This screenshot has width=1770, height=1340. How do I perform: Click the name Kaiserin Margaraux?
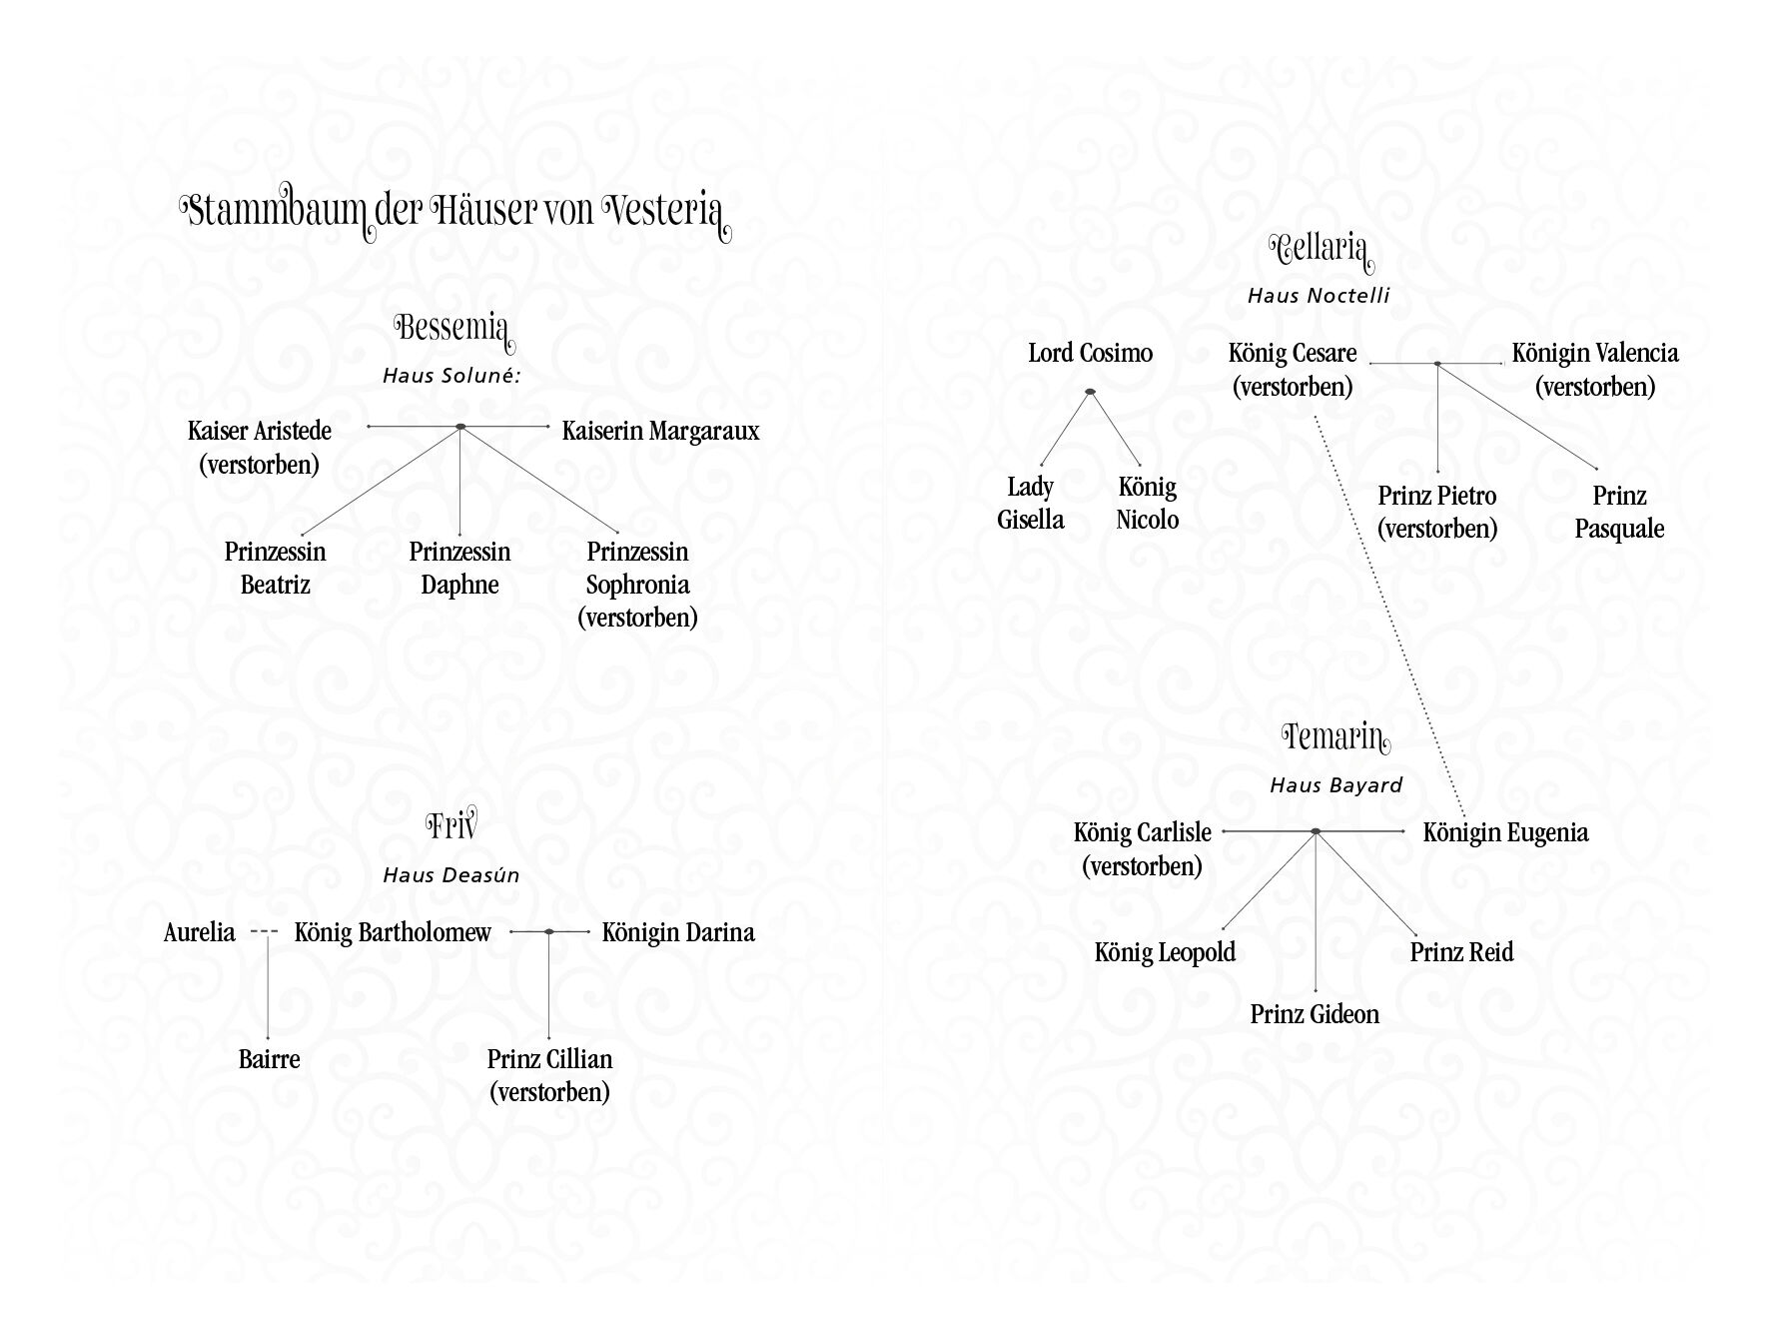pyautogui.click(x=660, y=432)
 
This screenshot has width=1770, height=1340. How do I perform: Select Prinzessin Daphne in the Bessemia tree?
pyautogui.click(x=459, y=569)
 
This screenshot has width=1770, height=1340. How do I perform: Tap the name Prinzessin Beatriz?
pyautogui.click(x=275, y=569)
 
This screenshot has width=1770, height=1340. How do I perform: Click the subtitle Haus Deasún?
pyautogui.click(x=451, y=875)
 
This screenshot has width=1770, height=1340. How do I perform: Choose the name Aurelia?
pyautogui.click(x=200, y=933)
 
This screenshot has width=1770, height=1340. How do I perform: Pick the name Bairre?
pyautogui.click(x=269, y=1059)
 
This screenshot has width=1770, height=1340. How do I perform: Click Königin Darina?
pyautogui.click(x=678, y=933)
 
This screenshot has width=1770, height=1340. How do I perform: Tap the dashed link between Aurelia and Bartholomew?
pyautogui.click(x=265, y=932)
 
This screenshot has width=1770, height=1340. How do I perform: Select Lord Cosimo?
pyautogui.click(x=1090, y=354)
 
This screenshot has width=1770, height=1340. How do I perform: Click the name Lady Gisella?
pyautogui.click(x=1031, y=504)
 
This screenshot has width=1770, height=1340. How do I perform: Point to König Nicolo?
pyautogui.click(x=1147, y=504)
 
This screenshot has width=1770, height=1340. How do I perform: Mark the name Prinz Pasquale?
pyautogui.click(x=1619, y=513)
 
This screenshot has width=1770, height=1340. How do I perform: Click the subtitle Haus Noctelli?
pyautogui.click(x=1319, y=296)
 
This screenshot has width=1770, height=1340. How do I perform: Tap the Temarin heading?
pyautogui.click(x=1335, y=738)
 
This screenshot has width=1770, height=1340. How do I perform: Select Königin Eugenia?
pyautogui.click(x=1505, y=833)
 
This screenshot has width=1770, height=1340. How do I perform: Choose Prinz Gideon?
pyautogui.click(x=1315, y=1015)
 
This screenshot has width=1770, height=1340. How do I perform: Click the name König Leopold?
pyautogui.click(x=1165, y=952)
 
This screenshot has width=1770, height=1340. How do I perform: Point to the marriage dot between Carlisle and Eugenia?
pyautogui.click(x=1316, y=831)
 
